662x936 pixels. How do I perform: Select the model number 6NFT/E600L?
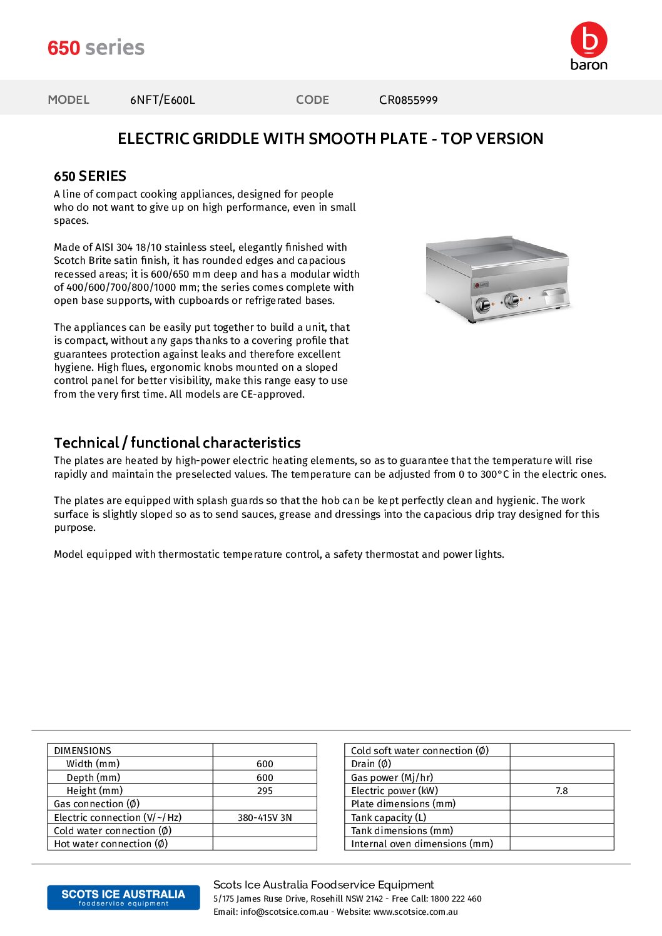[x=163, y=100]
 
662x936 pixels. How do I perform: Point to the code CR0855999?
[x=408, y=100]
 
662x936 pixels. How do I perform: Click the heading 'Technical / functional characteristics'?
[x=177, y=443]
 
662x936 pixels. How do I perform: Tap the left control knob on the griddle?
[x=483, y=305]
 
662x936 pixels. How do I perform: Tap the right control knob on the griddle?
[x=512, y=300]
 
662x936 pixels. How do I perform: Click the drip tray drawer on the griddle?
[x=555, y=294]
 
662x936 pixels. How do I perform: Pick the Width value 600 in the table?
[x=265, y=764]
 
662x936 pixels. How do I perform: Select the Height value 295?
[x=265, y=791]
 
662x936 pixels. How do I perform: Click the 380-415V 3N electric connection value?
[x=265, y=818]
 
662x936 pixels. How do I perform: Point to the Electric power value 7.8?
[x=561, y=791]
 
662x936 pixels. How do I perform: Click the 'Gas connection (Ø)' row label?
[x=97, y=804]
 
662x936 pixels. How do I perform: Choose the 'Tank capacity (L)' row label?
[x=389, y=818]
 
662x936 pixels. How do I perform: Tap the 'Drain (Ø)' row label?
[x=371, y=764]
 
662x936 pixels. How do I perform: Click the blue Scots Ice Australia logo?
[x=123, y=897]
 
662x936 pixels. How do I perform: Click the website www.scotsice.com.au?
[x=415, y=912]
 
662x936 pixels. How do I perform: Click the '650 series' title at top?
[x=96, y=48]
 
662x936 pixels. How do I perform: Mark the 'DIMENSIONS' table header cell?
[x=83, y=751]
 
